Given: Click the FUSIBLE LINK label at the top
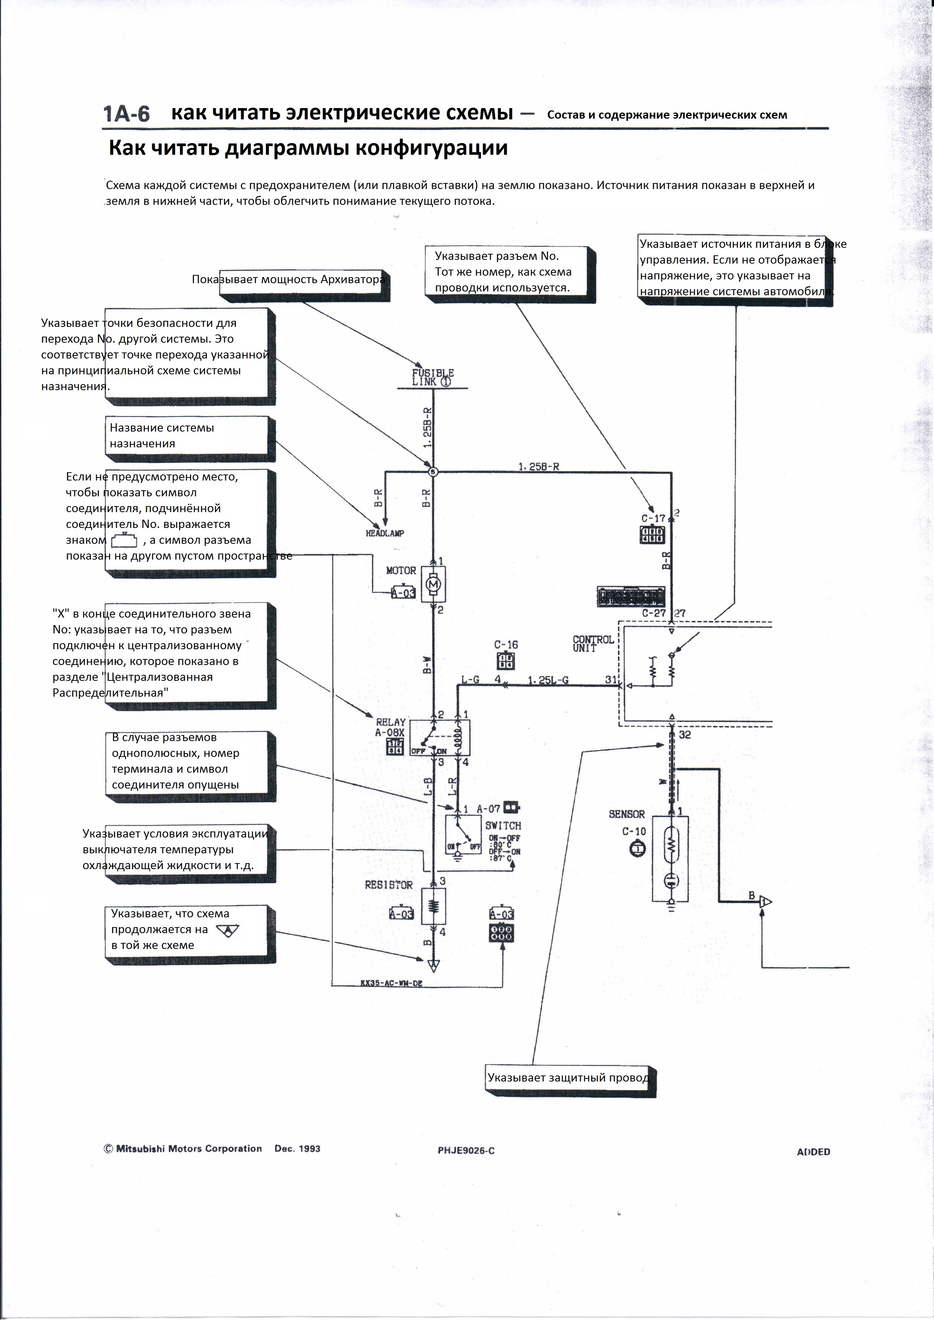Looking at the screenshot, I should (433, 377).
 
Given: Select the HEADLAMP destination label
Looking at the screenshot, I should (385, 533).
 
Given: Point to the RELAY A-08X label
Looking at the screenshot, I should (391, 727).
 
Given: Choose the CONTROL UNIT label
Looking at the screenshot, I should (593, 643).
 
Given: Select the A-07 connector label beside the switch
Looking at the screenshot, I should (488, 809).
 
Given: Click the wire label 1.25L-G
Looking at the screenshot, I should (548, 680).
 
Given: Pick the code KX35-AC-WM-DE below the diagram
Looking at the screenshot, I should (391, 983).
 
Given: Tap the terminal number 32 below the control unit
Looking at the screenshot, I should (685, 735).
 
